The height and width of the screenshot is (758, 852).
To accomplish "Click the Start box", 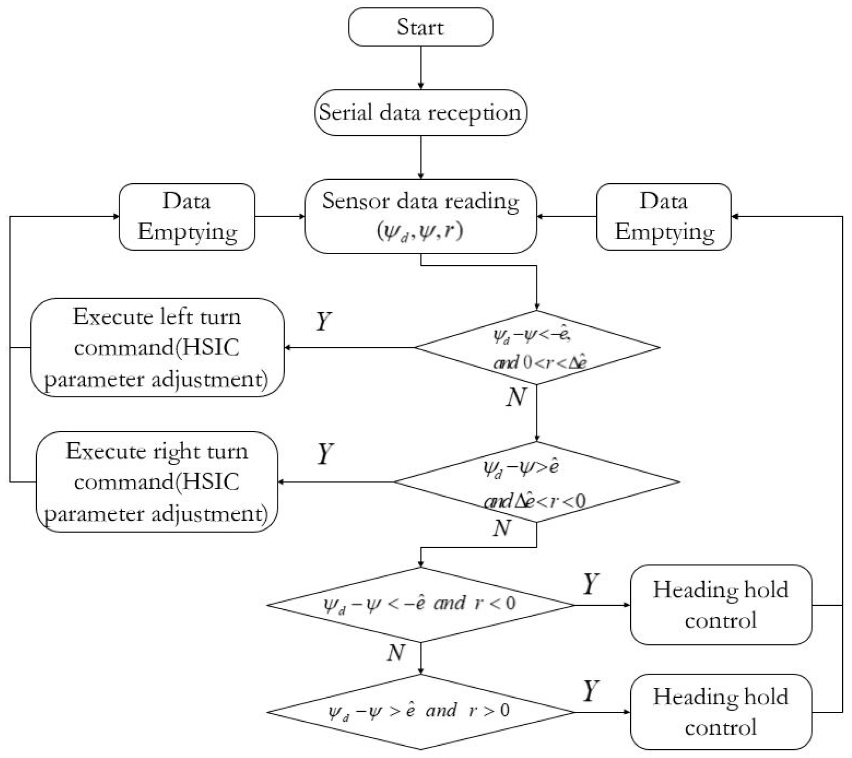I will pos(420,27).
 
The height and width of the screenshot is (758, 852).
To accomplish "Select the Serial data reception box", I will pos(420,113).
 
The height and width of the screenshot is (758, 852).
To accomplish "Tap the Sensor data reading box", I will pos(420,216).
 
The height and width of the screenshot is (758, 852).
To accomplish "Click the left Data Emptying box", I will pos(187,217).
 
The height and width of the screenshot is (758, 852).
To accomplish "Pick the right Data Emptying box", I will pos(664,217).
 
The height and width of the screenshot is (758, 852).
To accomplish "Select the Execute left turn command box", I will pos(157,347).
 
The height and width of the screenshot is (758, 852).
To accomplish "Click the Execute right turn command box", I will pos(157,482).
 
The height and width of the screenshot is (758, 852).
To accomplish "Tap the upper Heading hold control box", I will pos(721,605).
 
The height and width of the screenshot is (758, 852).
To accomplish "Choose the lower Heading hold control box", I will pos(721,711).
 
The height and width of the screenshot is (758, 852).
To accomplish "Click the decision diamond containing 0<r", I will pos(537,347).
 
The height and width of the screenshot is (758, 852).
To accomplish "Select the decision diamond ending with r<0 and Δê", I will pos(536,482).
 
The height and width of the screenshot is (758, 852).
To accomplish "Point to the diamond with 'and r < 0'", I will pos(420,605).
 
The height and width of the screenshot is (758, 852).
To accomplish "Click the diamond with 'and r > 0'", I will pos(420,711).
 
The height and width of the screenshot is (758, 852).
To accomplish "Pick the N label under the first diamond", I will pos(516,397).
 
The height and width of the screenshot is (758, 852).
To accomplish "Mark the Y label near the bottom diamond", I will pos(591,691).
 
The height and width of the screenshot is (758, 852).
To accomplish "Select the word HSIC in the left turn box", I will pos(211,347).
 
